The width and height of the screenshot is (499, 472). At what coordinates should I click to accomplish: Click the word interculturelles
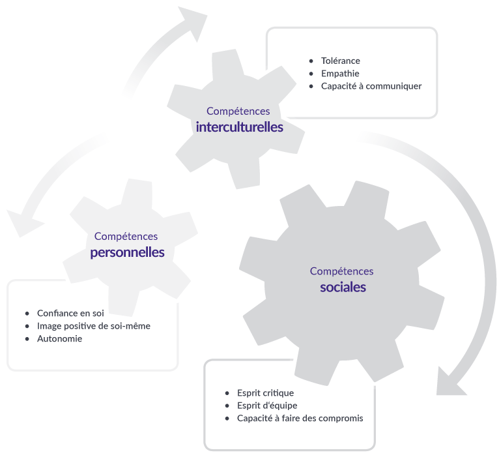point(239,126)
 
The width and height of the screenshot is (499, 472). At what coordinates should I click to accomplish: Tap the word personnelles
point(127,252)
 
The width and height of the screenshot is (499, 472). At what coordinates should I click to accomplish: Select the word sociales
point(343,288)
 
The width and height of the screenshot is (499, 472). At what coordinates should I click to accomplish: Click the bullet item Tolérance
point(341,61)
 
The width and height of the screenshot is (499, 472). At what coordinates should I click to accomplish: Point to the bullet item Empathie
point(340,74)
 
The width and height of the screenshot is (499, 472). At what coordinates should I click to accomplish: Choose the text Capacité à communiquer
point(371,86)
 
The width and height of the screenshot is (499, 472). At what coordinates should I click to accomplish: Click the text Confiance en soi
point(70,313)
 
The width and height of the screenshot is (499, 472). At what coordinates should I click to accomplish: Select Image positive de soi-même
point(94,326)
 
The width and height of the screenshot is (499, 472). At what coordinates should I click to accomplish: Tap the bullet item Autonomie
point(59,338)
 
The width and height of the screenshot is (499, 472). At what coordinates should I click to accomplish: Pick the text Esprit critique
point(265,393)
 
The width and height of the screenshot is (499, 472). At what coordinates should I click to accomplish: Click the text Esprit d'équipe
point(267,406)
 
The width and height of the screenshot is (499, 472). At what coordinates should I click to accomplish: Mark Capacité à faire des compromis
point(300,418)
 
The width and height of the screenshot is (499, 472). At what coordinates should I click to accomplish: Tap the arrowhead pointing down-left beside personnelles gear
point(22,222)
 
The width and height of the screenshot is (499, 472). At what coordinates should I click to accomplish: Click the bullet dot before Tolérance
point(311,61)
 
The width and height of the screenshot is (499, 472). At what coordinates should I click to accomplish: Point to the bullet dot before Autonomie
point(27,339)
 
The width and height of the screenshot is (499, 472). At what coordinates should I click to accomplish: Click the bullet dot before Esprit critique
point(227,393)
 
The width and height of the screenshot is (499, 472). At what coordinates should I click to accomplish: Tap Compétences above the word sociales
point(341,271)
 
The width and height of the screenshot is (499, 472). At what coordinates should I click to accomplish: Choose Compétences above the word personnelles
point(126,236)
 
